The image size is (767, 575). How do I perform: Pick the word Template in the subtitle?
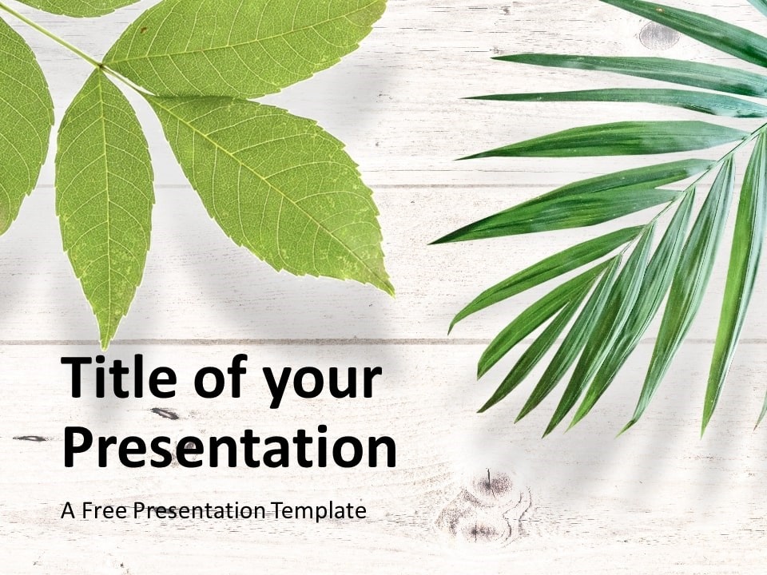pyautogui.click(x=320, y=511)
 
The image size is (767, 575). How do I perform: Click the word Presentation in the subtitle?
pyautogui.click(x=200, y=510)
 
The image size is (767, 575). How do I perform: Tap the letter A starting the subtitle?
pyautogui.click(x=69, y=510)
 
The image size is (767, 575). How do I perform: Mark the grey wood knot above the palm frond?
pyautogui.click(x=658, y=35)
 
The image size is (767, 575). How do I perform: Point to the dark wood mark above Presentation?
pyautogui.click(x=167, y=414)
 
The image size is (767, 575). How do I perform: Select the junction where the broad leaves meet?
pyautogui.click(x=101, y=65)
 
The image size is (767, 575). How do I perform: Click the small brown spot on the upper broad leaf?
pyautogui.click(x=143, y=30)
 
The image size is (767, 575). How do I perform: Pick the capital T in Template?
pyautogui.click(x=280, y=510)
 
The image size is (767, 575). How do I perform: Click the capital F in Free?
pyautogui.click(x=87, y=510)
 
